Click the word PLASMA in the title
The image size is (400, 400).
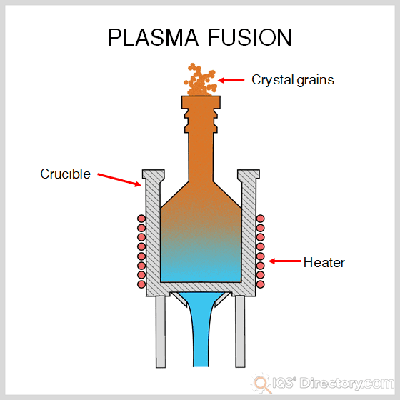pos(151,37)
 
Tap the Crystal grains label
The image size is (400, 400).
pos(292,80)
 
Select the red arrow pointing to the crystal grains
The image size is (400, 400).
pos(231,80)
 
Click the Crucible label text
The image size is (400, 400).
pos(65,174)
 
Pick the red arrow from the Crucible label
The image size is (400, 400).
pos(118,179)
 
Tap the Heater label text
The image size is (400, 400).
pos(324,262)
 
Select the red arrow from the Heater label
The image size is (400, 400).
pos(284,262)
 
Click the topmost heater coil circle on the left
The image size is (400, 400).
pos(141,219)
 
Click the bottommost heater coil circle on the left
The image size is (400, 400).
pos(141,284)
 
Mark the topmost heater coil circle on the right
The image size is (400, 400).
pos(260,219)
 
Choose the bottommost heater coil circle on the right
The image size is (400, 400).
pos(260,284)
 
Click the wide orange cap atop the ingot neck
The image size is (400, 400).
pos(201,103)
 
